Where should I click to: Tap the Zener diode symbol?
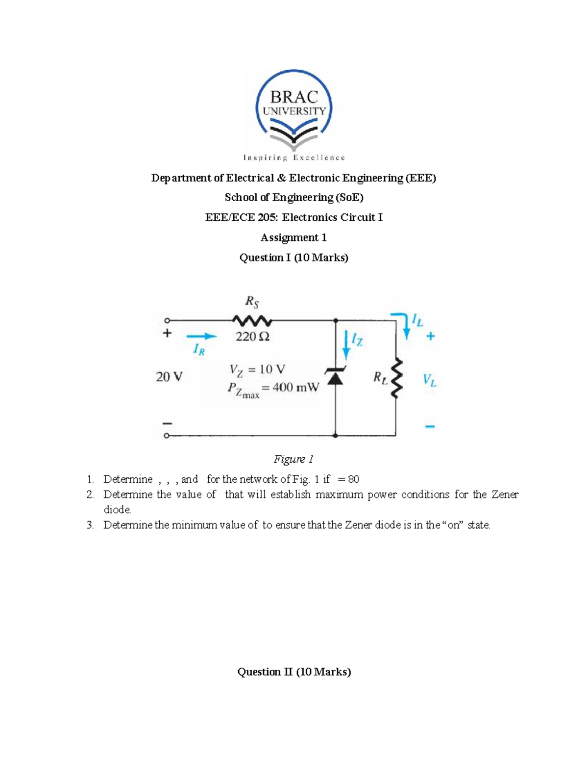[x=336, y=376]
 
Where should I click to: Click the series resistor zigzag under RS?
[x=252, y=321]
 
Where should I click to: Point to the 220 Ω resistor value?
[x=252, y=337]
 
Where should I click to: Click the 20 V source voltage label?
[x=169, y=377]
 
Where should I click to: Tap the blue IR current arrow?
[x=201, y=336]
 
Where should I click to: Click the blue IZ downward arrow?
[x=346, y=346]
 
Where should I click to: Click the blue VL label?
[x=429, y=380]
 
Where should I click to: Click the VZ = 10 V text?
[x=257, y=369]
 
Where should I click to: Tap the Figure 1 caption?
[x=294, y=459]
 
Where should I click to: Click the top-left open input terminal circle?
[x=167, y=320]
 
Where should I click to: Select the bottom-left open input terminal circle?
[x=167, y=435]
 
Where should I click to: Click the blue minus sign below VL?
[x=430, y=426]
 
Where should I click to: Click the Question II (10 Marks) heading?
[x=294, y=672]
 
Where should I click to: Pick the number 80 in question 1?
[x=354, y=479]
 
